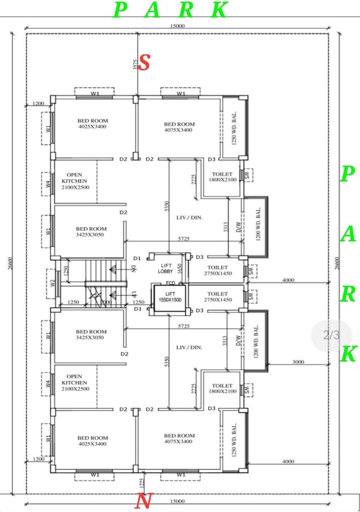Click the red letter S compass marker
click(x=144, y=63)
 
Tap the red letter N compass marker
click(x=144, y=501)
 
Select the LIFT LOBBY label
click(x=166, y=269)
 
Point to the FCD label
click(x=170, y=283)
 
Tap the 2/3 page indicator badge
click(x=331, y=335)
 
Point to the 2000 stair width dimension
click(x=105, y=302)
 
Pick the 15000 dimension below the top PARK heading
click(x=177, y=26)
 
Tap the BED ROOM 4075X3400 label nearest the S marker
click(x=179, y=127)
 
